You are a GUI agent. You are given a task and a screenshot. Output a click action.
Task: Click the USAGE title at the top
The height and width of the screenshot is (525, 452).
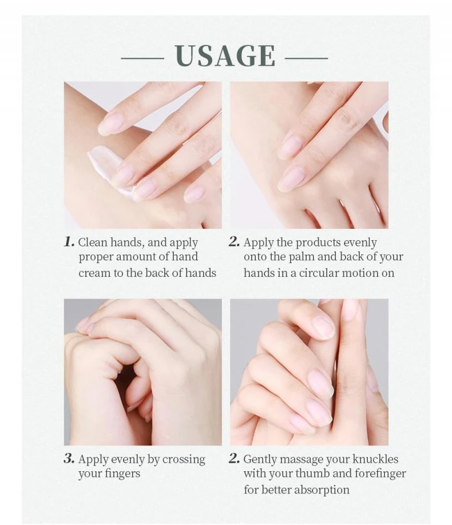pyautogui.click(x=225, y=55)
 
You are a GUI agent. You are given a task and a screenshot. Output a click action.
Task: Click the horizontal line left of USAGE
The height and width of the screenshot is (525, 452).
pyautogui.click(x=142, y=58)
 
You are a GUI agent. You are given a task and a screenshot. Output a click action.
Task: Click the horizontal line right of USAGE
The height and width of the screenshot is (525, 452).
pyautogui.click(x=306, y=58)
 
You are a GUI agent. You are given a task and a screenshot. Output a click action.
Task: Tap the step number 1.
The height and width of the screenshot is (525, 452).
pyautogui.click(x=69, y=242)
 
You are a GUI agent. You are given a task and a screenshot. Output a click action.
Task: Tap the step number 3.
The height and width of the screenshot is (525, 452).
pyautogui.click(x=69, y=458)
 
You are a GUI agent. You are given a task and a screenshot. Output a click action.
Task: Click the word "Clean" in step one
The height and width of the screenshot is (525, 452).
pyautogui.click(x=93, y=242)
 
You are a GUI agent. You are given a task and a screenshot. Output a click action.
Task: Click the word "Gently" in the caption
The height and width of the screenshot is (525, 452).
pyautogui.click(x=260, y=459)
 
